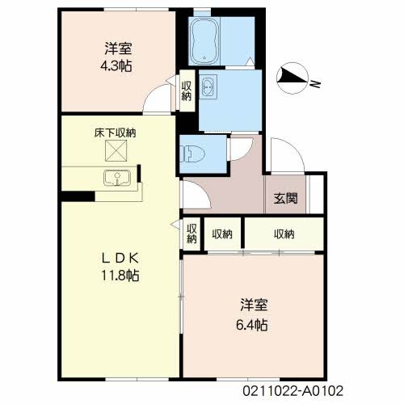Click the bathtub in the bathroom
tap(204, 41)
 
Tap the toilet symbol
tap(193, 154)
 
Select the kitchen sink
tap(117, 178)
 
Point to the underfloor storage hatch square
tap(116, 151)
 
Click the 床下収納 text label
tap(115, 133)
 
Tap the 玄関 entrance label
tap(286, 199)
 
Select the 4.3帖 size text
tap(116, 65)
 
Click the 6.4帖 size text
tap(252, 325)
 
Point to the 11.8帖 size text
tap(120, 276)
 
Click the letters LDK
tap(120, 259)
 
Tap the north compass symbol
tap(292, 78)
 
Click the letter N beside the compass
tap(315, 85)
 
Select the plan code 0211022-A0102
tap(293, 391)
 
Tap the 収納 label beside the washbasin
tap(187, 90)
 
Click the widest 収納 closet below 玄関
tap(284, 234)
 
